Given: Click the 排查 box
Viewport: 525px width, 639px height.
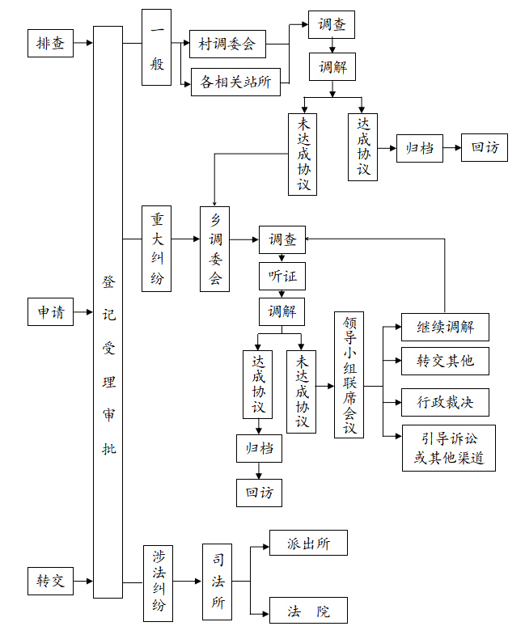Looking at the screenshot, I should click(x=50, y=44).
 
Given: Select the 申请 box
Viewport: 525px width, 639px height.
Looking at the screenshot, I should click(x=50, y=311).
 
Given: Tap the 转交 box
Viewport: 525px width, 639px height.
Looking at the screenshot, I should click(x=50, y=581).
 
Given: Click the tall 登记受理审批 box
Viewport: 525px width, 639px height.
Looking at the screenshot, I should click(x=108, y=312).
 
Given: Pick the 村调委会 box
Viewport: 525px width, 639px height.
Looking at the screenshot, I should click(x=227, y=44).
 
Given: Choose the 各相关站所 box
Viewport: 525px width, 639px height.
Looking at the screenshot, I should click(x=235, y=82).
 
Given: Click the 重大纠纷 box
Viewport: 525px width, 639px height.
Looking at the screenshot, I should click(x=156, y=249).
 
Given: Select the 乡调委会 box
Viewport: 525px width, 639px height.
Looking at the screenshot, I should click(x=215, y=249).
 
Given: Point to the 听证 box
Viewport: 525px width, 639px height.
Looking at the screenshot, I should click(x=282, y=276).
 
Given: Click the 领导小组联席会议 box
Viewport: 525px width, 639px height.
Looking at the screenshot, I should click(x=349, y=375).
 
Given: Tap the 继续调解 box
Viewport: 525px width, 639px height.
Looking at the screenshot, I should click(x=445, y=327).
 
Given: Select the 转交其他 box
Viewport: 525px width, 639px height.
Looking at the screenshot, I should click(x=445, y=361).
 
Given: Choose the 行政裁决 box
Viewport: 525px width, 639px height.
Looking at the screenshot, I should click(x=445, y=401).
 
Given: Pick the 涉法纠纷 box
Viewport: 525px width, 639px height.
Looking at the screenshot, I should click(x=158, y=582).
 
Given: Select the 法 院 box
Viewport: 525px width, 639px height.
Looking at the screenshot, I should click(x=308, y=611).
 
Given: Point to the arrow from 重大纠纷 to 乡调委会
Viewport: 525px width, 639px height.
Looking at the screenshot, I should click(x=185, y=239).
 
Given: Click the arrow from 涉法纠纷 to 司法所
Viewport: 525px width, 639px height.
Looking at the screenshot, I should click(x=187, y=582).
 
